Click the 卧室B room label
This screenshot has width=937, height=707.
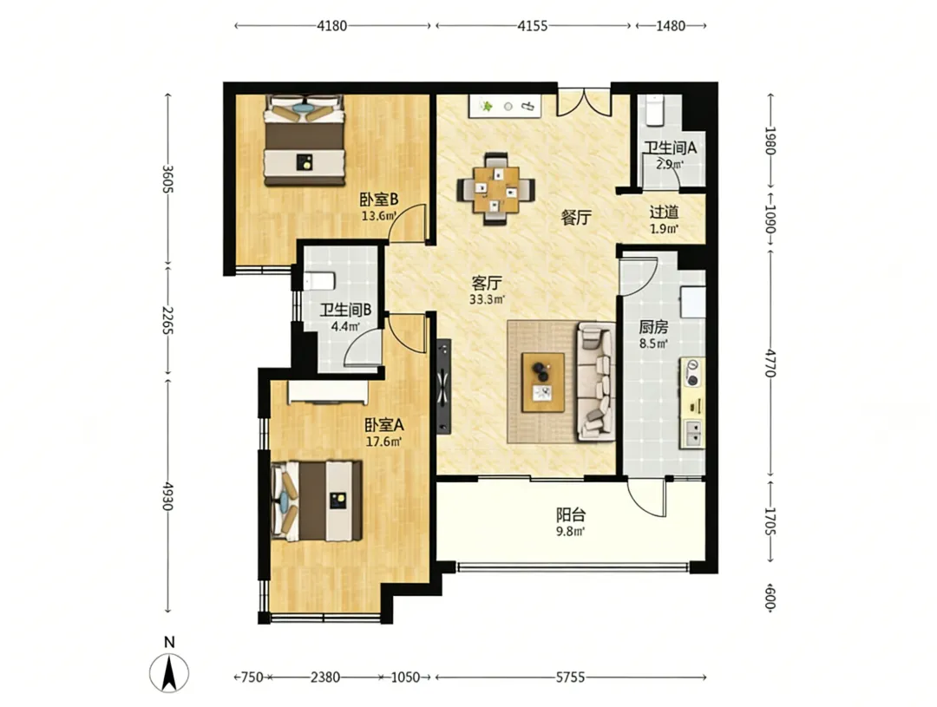point(379,199)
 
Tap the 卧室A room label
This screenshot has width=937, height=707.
point(384,425)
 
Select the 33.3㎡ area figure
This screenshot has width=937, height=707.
point(487,299)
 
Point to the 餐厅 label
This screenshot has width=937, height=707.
point(576,218)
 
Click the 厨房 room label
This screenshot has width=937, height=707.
point(653,327)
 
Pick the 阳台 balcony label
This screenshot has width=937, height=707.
point(571,514)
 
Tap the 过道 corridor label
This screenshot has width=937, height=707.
point(664,213)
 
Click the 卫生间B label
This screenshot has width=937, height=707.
point(345,311)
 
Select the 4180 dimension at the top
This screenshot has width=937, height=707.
point(331,26)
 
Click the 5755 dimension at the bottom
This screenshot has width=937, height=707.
point(570,678)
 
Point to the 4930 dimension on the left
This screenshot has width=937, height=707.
point(167,496)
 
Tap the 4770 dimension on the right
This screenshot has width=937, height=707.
point(770,363)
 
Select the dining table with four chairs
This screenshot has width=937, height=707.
point(496,189)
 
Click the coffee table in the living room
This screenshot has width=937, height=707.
point(542,383)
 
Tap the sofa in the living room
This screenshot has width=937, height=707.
point(596,382)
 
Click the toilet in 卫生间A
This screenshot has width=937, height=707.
point(655,110)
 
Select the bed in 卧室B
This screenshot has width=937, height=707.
point(305,140)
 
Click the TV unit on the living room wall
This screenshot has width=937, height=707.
point(443,387)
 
